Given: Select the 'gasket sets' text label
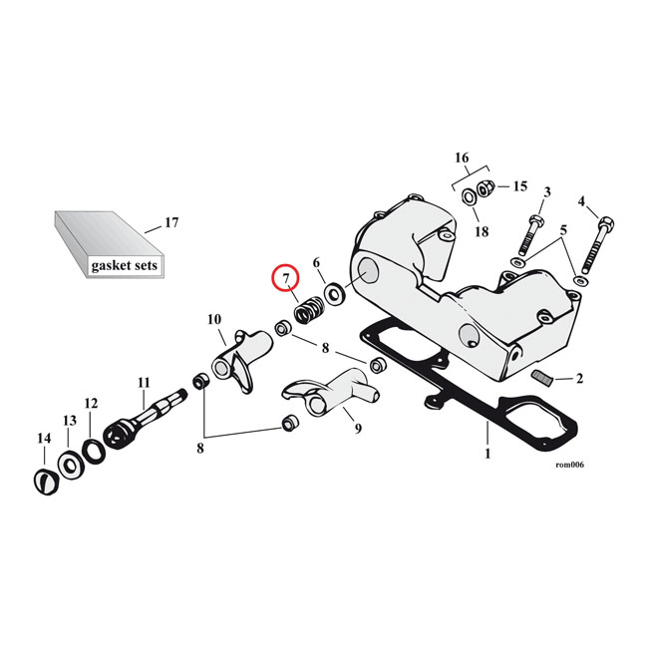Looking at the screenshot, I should [x=125, y=266].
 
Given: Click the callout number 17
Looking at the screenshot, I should [x=170, y=222].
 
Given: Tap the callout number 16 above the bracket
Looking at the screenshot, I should [x=462, y=158].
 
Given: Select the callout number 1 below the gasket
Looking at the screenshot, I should [x=487, y=454].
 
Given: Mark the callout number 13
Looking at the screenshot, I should [x=69, y=421].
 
